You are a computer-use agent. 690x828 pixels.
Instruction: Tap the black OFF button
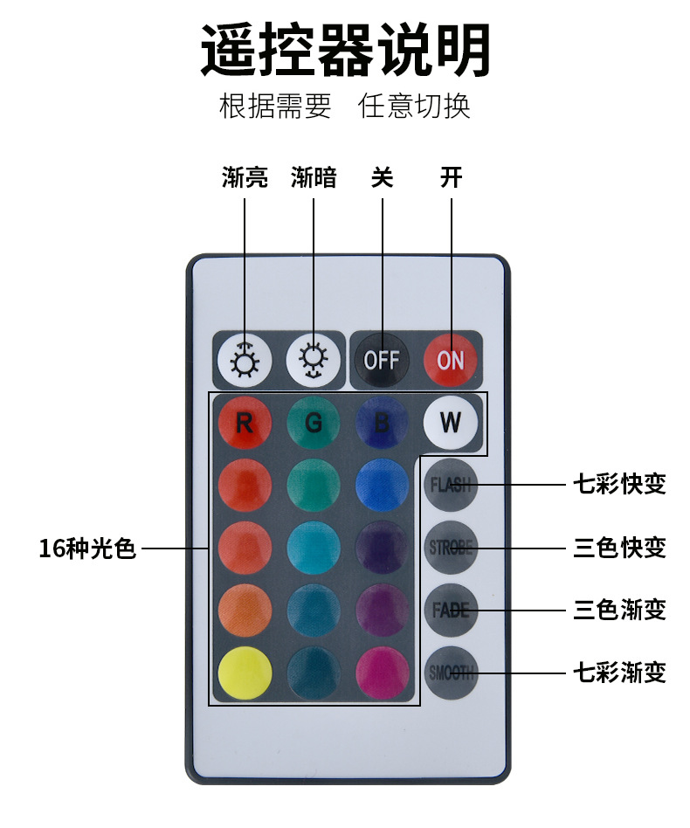(382, 360)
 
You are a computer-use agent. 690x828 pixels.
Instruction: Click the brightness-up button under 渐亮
(244, 360)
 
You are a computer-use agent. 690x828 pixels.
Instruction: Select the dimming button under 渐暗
(313, 360)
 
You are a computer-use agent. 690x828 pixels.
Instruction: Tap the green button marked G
(314, 424)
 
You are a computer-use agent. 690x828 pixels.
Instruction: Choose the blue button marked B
(382, 424)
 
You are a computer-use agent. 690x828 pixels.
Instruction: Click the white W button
(451, 423)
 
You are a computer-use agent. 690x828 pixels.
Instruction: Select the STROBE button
(451, 548)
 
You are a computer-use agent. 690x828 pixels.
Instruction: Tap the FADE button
(451, 611)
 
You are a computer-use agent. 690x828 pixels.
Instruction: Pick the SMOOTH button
(451, 673)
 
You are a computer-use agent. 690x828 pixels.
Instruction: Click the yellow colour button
(245, 673)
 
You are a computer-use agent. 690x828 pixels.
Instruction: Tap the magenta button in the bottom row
(383, 673)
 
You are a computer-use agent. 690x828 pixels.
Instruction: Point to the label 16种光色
(87, 549)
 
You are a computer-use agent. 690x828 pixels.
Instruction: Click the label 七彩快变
(619, 484)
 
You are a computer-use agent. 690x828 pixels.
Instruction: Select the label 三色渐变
(619, 610)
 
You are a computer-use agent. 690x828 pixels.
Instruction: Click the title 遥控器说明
(345, 51)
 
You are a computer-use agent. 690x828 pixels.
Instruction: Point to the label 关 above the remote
(382, 178)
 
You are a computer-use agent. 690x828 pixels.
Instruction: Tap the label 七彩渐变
(619, 673)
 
